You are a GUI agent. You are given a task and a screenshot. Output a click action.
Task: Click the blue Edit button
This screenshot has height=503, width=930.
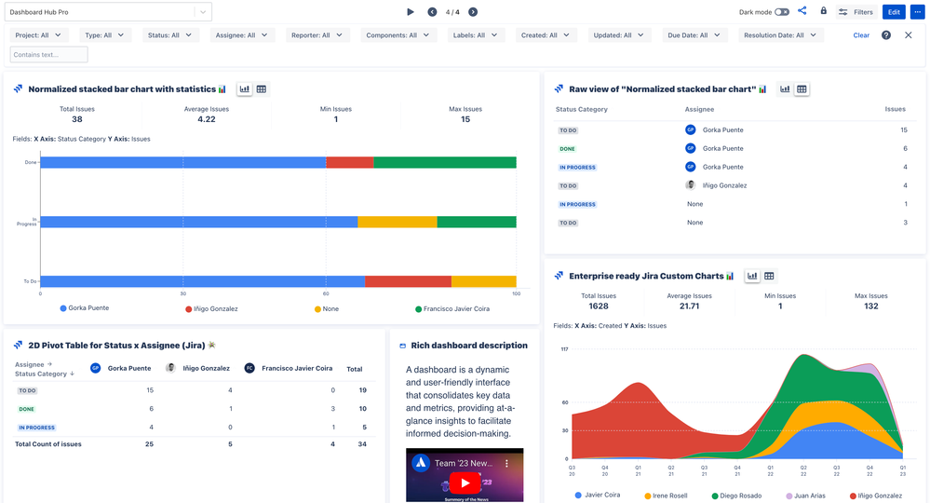[x=894, y=12]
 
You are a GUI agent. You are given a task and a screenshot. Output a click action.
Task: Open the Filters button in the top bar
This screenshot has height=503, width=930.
[x=856, y=12]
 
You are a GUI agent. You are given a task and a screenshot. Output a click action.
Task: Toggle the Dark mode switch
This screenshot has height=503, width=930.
[x=781, y=12]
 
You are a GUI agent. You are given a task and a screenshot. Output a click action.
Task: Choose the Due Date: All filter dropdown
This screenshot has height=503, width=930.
[x=694, y=35]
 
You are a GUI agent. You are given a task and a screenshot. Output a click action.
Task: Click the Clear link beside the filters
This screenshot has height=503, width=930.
[x=861, y=35]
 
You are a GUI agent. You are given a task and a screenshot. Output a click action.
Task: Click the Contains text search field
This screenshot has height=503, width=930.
[x=48, y=55]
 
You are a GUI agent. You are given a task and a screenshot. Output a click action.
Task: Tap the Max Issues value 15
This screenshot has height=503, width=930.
[x=465, y=119]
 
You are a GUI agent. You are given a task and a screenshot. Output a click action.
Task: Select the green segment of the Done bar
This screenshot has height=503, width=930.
[x=445, y=162]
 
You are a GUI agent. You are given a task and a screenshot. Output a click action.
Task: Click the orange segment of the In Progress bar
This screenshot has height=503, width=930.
[x=397, y=222]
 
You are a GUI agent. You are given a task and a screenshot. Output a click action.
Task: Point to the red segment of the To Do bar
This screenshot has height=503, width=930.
[x=408, y=281]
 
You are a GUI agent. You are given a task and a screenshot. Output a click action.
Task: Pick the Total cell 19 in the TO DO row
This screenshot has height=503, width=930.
[x=362, y=390]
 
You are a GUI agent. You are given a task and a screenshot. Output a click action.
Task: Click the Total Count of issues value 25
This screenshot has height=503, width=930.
[x=149, y=444]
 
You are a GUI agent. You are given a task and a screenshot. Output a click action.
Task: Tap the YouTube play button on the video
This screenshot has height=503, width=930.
[x=464, y=482]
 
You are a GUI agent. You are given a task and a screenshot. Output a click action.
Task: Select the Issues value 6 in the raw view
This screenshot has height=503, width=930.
[x=904, y=148]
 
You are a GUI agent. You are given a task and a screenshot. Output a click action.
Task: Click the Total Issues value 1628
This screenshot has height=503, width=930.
[x=599, y=306]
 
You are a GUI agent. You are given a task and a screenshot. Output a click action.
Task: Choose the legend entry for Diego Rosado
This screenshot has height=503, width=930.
[x=740, y=496]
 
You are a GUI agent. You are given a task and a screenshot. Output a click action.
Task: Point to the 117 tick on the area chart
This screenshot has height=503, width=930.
[x=564, y=349]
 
